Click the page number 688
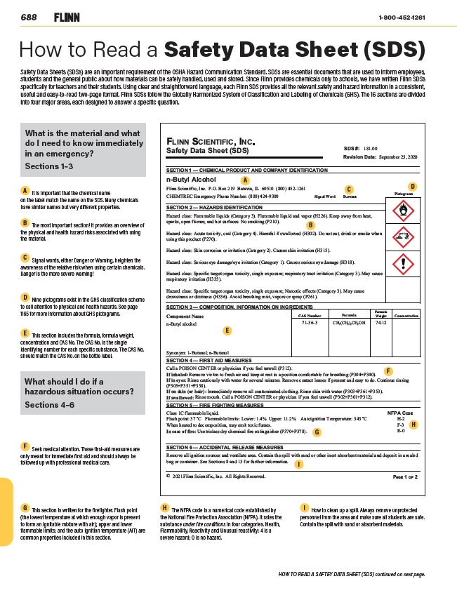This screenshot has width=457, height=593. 29,17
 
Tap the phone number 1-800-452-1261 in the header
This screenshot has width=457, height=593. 402,17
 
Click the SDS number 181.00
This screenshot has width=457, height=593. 371,149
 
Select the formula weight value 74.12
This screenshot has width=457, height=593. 381,323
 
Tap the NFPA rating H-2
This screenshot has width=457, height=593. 400,420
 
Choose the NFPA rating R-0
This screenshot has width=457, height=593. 400,432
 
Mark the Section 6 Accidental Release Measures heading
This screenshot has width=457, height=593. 224,447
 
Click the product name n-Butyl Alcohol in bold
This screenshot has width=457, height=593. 191,180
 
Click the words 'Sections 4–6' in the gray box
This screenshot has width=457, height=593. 49,405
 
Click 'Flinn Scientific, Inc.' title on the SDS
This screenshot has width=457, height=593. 210,141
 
